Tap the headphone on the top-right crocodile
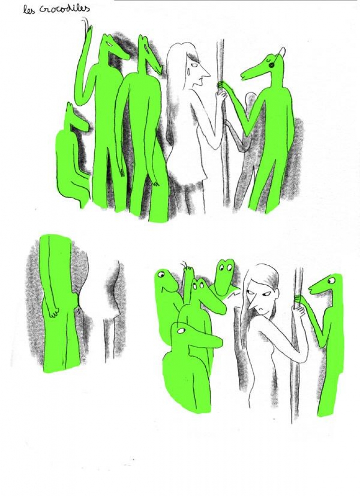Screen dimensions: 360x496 click(x=271, y=65)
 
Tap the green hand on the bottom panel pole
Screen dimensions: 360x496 click(x=299, y=300)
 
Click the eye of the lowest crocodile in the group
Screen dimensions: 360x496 click(x=181, y=331)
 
